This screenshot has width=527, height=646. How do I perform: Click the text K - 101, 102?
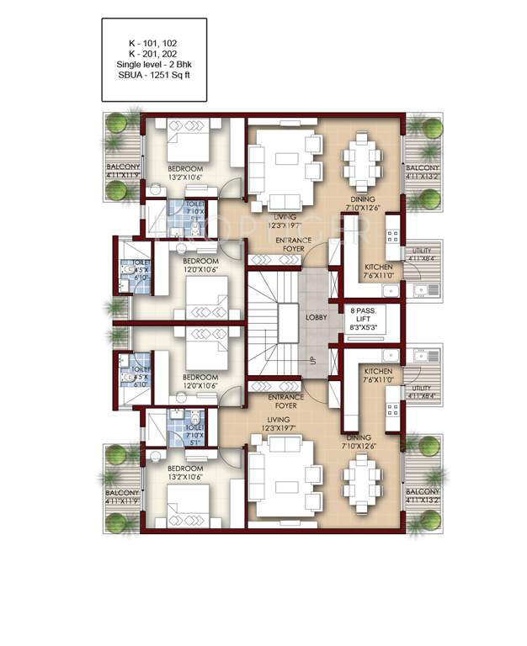152,40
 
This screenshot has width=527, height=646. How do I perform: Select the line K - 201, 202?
152,52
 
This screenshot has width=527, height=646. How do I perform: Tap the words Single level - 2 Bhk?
153,64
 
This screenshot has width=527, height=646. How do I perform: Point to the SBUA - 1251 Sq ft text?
153,76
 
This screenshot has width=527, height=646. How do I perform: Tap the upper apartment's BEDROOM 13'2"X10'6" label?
185,172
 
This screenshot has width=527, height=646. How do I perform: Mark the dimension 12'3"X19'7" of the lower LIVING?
278,428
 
